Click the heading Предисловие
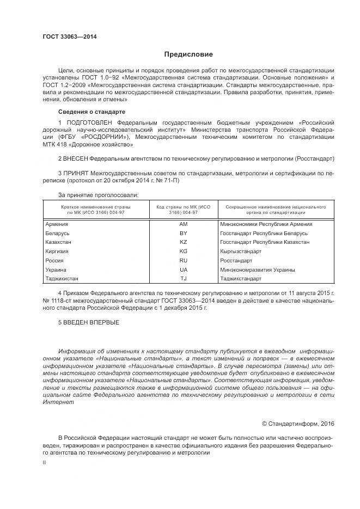pos(188,54)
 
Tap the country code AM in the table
pos(183,224)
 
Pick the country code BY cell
pos(183,233)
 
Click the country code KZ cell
pos(183,242)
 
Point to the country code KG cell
pos(183,252)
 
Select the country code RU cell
pos(183,261)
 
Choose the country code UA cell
pos(183,269)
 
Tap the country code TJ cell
pos(183,279)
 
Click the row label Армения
pos(57,224)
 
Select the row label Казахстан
pos(59,242)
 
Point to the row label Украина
pos(57,269)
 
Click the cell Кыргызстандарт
pos(241,252)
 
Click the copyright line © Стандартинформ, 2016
pos(298,423)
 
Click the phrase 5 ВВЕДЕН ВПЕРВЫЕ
pos(89,323)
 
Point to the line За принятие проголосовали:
pos(98,194)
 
